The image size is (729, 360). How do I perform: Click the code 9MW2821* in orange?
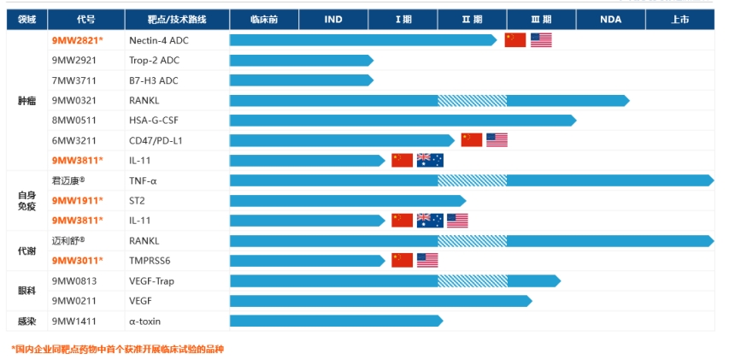click(78, 40)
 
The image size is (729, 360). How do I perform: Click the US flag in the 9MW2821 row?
click(541, 40)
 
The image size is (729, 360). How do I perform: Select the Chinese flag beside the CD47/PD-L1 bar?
click(472, 140)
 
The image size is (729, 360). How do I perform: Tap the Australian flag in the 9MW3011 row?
click(427, 260)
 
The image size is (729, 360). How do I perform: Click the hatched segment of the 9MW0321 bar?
click(472, 100)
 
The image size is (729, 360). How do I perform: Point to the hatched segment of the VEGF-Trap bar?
click(472, 280)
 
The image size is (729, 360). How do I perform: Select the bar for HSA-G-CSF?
click(403, 121)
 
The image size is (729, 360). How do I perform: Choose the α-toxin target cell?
click(145, 321)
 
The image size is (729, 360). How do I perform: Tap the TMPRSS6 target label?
click(151, 260)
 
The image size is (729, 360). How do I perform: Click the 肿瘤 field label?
click(26, 100)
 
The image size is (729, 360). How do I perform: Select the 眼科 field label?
click(26, 291)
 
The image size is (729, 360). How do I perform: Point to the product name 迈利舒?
click(68, 240)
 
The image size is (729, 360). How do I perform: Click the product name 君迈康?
click(68, 180)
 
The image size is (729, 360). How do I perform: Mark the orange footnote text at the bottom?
click(118, 348)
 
